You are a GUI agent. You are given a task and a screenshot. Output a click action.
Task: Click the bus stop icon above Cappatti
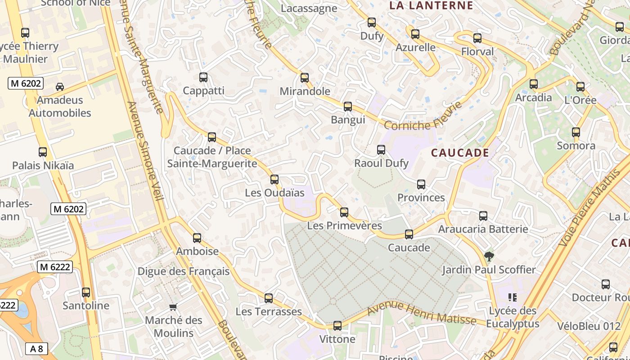(x=203, y=77)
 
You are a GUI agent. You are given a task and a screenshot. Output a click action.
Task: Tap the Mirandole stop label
(x=305, y=91)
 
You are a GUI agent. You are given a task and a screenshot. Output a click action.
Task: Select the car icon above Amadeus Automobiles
(x=59, y=86)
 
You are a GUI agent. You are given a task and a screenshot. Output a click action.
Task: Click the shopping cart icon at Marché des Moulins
(x=173, y=307)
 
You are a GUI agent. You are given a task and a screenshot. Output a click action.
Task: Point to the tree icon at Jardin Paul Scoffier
(x=489, y=256)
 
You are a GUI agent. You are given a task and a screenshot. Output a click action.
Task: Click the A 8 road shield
(x=36, y=349)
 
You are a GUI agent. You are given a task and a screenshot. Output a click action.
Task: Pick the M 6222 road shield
(x=54, y=267)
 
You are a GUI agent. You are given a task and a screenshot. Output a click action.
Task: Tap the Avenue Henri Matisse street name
(x=421, y=314)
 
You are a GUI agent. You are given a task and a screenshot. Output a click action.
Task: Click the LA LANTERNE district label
(x=431, y=5)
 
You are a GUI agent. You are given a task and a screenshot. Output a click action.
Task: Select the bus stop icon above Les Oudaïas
(x=274, y=180)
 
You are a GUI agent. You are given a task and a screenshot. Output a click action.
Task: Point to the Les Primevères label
(x=344, y=225)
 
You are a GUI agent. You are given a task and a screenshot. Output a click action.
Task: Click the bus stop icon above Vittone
(x=337, y=326)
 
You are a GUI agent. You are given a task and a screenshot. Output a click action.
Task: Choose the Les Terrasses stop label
(x=269, y=311)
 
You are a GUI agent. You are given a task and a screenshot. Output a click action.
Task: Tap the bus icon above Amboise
(x=197, y=238)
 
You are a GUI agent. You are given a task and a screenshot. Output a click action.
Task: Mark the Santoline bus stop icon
(x=86, y=292)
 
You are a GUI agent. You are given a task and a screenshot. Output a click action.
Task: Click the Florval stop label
(x=477, y=52)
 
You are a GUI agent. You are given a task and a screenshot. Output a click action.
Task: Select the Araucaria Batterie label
(x=483, y=229)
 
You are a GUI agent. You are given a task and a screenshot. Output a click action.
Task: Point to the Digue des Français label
(x=183, y=271)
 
